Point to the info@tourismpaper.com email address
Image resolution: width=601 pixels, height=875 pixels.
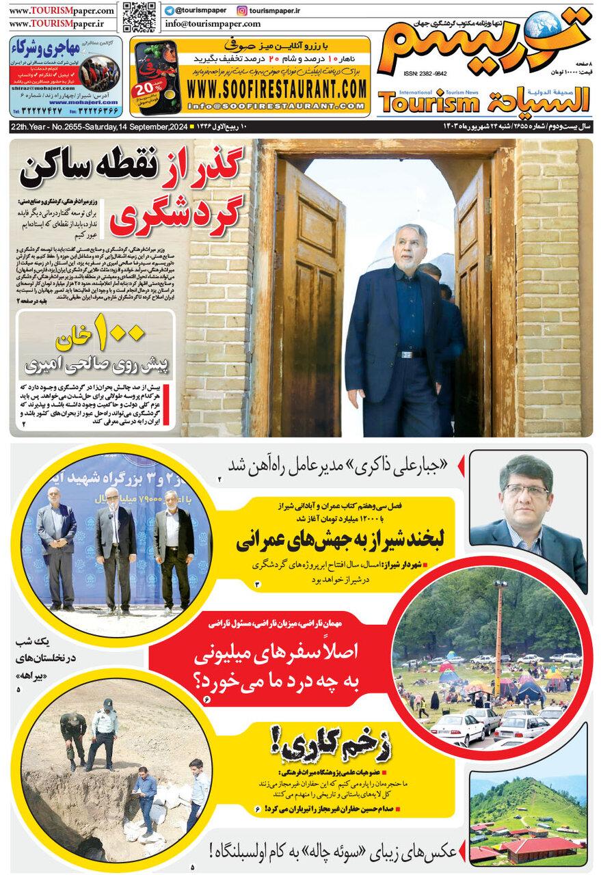click(x=212, y=24)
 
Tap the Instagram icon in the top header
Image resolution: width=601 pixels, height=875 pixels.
click(x=241, y=10)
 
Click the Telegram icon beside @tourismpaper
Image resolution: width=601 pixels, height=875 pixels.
click(x=169, y=10)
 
